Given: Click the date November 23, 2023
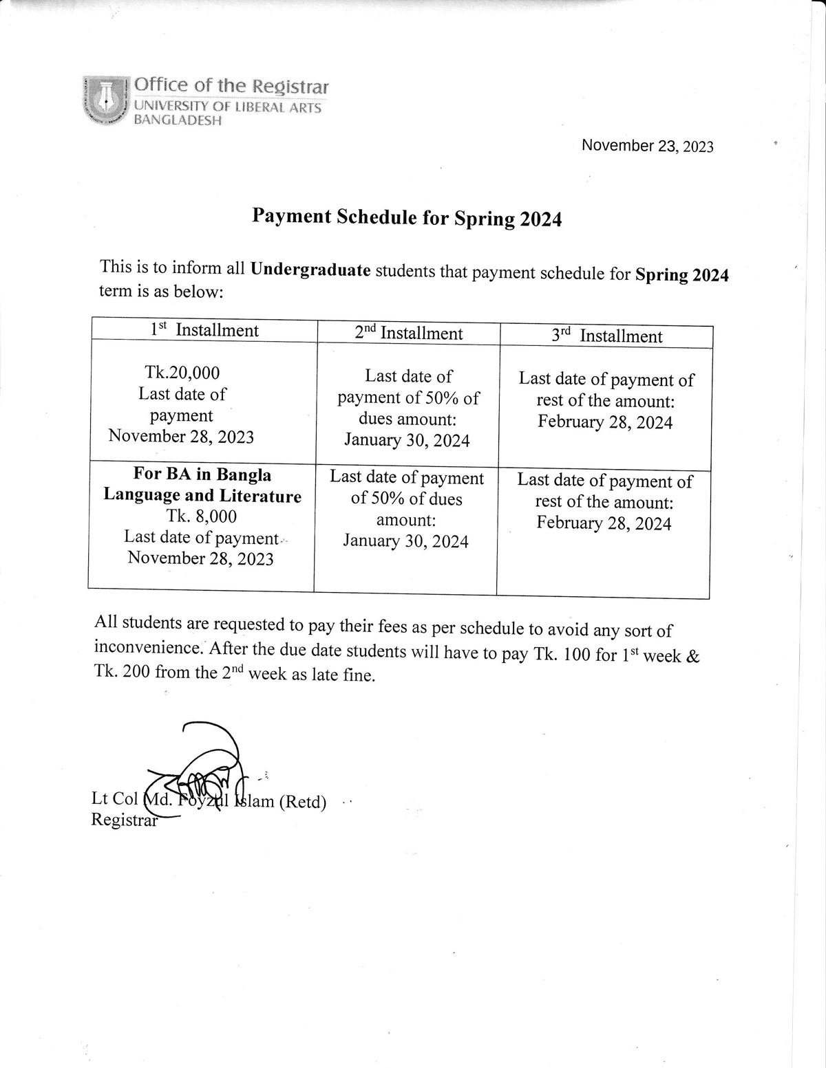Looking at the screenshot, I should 647,146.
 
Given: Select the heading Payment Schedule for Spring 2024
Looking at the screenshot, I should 407,217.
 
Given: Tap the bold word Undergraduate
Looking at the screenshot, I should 310,269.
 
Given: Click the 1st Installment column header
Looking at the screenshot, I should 204,331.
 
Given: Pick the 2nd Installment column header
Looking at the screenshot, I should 408,334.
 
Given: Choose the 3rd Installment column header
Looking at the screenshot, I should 606,336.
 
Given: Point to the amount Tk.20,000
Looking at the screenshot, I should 182,373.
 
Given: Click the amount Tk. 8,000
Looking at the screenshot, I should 202,516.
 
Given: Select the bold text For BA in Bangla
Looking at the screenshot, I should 202,475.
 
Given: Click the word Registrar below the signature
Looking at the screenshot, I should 124,820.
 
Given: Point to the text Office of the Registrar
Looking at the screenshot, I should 231,86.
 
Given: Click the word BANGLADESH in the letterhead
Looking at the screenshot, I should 177,121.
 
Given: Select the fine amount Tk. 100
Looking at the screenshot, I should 562,654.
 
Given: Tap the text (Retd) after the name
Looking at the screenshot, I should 302,802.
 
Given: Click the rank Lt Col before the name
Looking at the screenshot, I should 115,799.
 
